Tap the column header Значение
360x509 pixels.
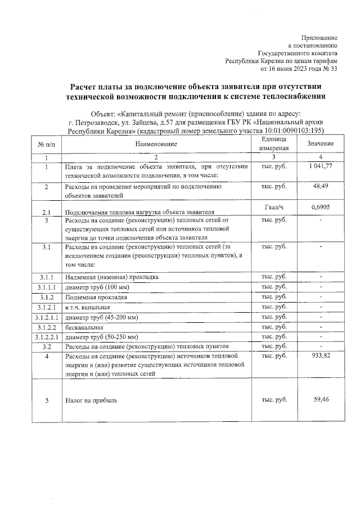(x=320, y=144)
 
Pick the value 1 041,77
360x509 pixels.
(x=320, y=166)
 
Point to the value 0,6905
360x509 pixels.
(x=320, y=207)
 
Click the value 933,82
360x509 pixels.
(x=320, y=356)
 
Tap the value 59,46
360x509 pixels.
(x=320, y=399)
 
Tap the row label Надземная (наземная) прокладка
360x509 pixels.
(x=112, y=277)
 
